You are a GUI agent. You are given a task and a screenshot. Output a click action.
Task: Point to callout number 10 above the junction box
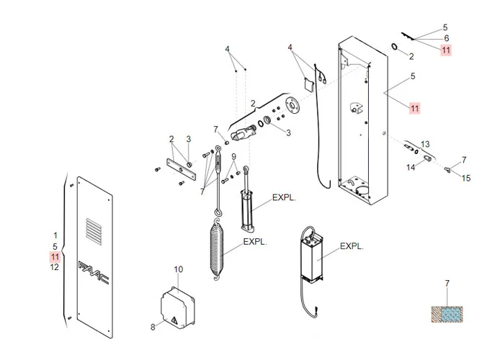coord(179,269)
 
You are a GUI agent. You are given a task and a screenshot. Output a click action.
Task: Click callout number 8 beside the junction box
coord(153,326)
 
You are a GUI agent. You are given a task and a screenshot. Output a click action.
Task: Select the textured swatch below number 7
coord(447,314)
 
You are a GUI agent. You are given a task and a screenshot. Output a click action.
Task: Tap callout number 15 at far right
coord(466,178)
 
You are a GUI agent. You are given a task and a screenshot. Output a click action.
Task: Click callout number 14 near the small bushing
coord(411,167)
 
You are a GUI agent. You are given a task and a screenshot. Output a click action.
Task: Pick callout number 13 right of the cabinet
coord(425,144)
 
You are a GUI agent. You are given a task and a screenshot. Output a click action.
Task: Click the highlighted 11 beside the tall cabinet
coord(414,108)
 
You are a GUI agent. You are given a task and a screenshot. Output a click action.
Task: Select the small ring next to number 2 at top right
coord(396,47)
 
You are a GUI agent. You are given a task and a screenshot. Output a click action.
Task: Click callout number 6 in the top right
coord(446,38)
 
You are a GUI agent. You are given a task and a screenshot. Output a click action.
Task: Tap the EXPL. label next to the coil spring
coord(255,243)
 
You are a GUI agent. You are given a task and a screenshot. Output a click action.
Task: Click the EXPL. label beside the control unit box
coord(351,246)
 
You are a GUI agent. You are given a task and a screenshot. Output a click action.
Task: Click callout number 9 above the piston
coord(233,157)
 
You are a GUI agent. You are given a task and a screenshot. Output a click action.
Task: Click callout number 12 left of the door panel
coord(55,268)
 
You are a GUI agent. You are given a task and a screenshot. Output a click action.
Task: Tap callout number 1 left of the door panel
coord(55,235)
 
